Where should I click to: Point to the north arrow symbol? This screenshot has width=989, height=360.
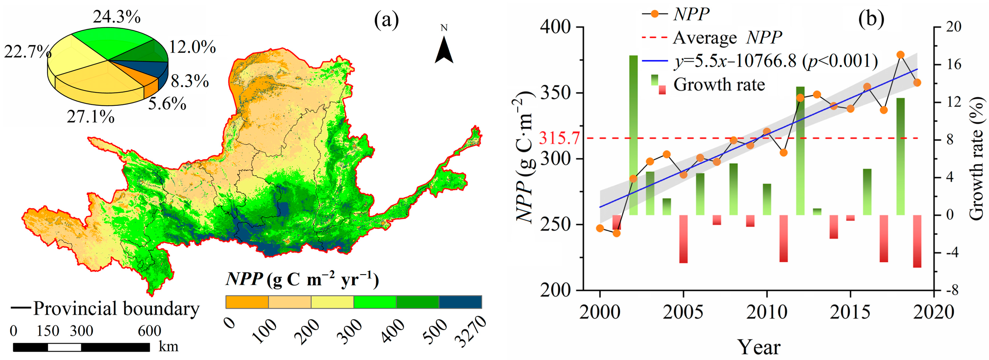coord(444,50)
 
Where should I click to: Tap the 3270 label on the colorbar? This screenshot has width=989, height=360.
coord(470,331)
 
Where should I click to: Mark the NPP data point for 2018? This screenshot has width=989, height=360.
coord(900,54)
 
